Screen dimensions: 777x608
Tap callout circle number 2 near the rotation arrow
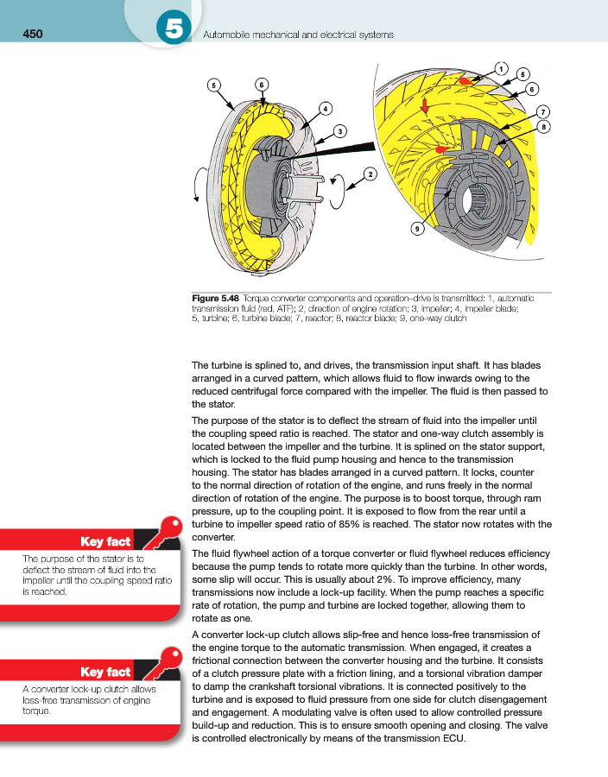(370, 174)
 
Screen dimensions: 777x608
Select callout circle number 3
(341, 131)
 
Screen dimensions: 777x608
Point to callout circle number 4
(325, 108)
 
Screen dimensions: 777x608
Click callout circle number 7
(542, 111)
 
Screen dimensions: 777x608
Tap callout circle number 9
(416, 229)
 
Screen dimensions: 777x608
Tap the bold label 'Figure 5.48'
(219, 298)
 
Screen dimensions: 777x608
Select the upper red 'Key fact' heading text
(104, 542)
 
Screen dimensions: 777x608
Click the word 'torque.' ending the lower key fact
(38, 714)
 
